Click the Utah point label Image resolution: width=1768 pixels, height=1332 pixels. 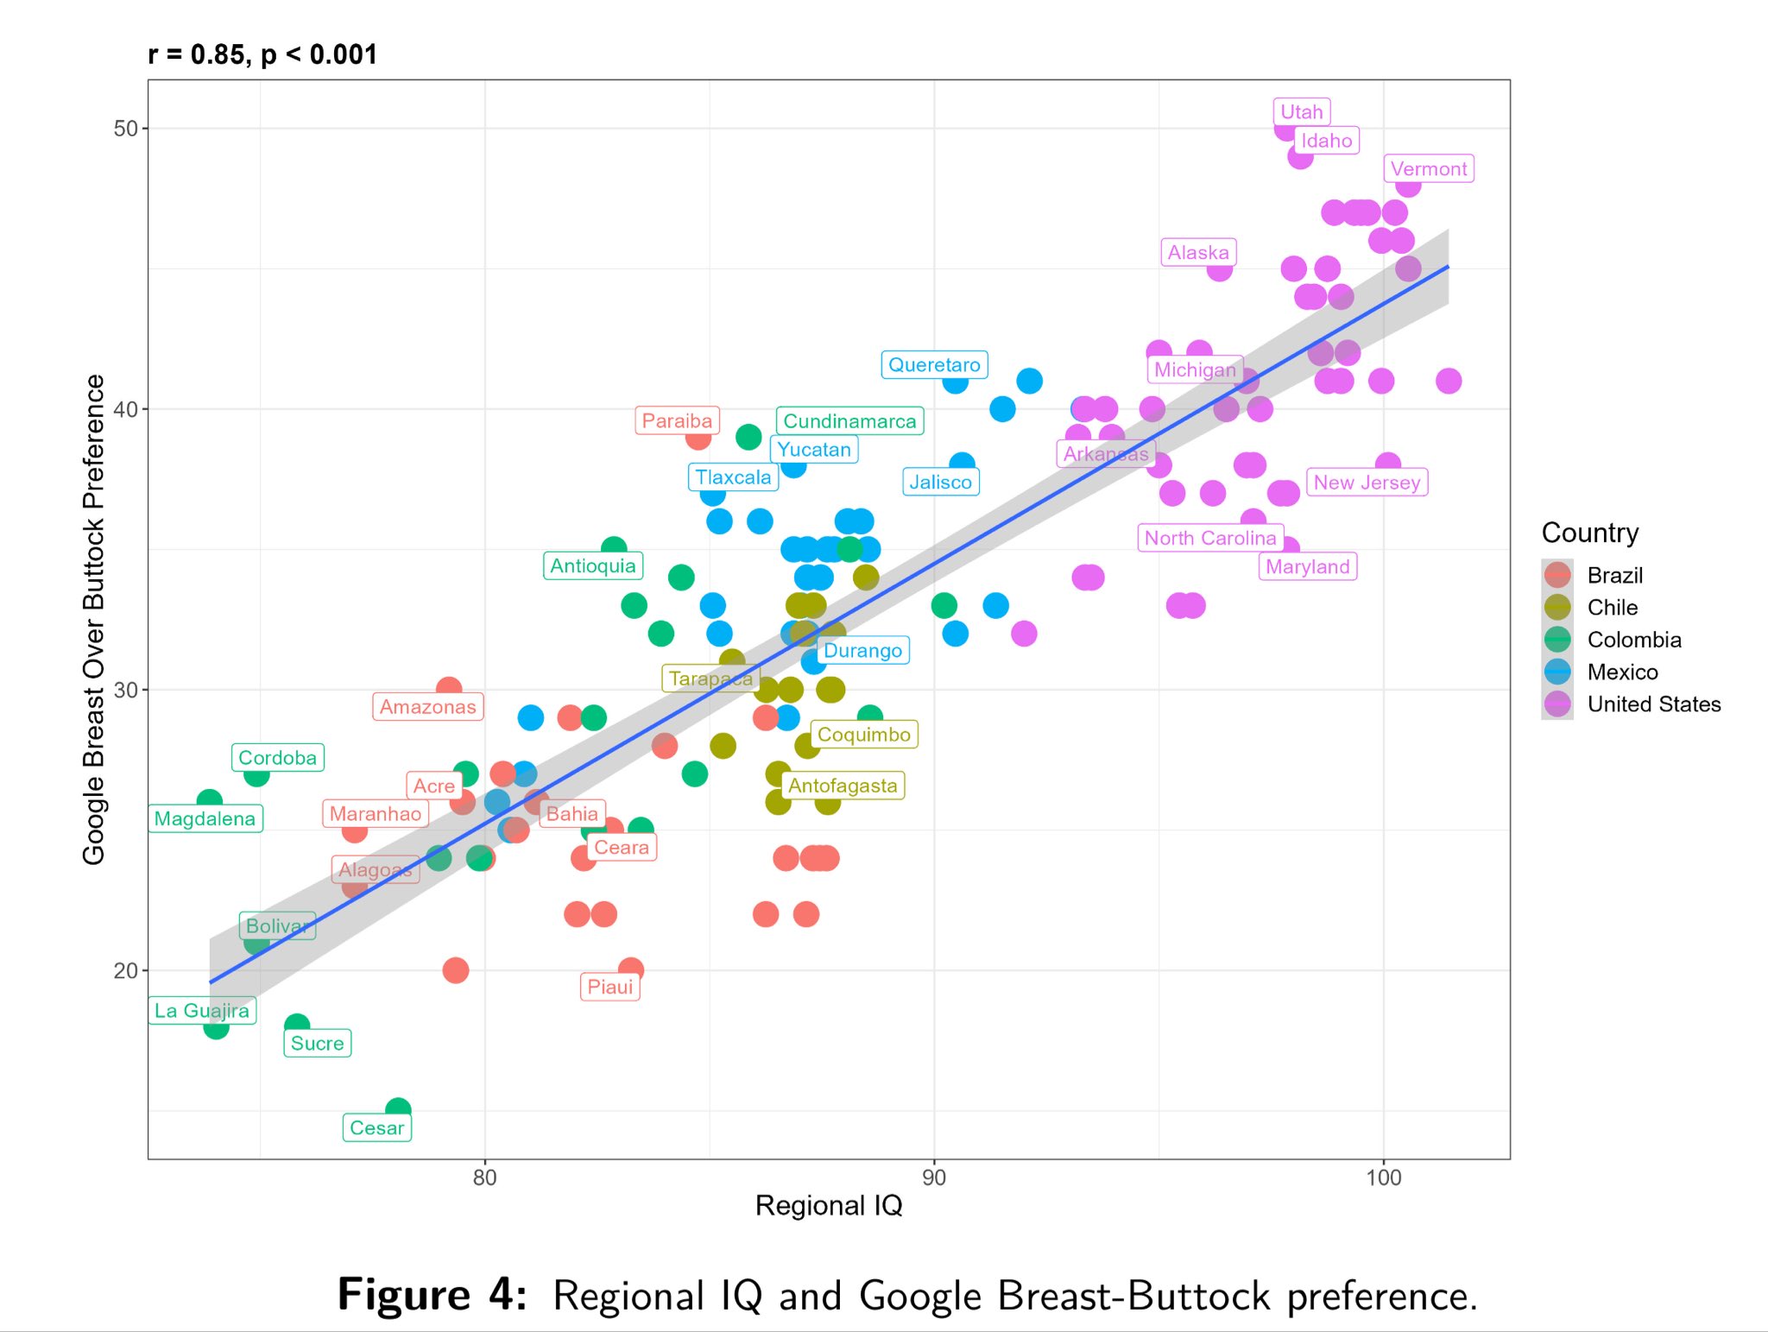point(1301,112)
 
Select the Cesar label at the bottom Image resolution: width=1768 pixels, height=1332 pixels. point(376,1127)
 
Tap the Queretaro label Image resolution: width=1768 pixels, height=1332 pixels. point(933,365)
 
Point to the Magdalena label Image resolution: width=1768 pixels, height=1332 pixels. point(205,818)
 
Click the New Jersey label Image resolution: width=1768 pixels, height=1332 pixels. point(1366,483)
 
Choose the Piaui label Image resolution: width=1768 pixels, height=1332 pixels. point(609,987)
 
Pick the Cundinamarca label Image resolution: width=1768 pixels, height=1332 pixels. point(849,421)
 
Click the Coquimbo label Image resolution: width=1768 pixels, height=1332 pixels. point(863,735)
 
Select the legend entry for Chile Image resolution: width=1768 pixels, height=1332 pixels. point(1611,608)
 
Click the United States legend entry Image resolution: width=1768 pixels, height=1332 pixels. point(1652,704)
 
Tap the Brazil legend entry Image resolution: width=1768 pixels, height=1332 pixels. point(1613,576)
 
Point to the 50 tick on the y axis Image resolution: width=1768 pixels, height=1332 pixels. point(126,129)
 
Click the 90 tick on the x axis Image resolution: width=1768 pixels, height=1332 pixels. point(934,1177)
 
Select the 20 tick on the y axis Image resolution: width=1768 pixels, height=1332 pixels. point(126,970)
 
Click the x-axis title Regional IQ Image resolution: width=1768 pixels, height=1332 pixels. point(828,1205)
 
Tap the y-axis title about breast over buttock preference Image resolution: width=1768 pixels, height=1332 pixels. point(93,619)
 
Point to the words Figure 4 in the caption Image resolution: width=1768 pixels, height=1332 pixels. point(432,1295)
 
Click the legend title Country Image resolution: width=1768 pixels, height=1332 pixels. point(1589,533)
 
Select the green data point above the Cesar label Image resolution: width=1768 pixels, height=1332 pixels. point(398,1108)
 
